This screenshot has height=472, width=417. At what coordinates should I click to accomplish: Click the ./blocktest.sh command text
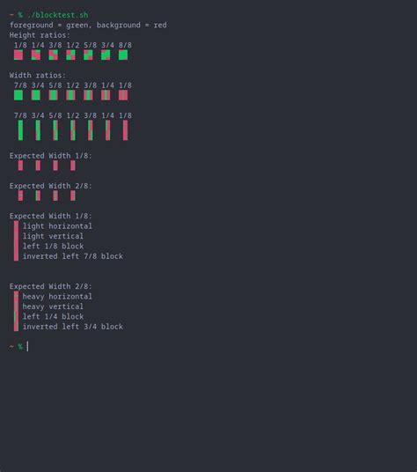(x=58, y=15)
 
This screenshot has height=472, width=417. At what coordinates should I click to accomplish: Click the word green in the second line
(x=77, y=26)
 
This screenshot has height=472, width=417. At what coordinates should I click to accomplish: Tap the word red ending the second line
(x=160, y=25)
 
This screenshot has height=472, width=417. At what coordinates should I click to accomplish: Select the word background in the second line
(x=119, y=26)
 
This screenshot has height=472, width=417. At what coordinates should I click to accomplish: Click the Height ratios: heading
(x=40, y=35)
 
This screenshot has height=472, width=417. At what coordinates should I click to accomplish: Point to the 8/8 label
(x=125, y=45)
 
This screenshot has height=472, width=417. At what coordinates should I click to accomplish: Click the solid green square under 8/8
(x=123, y=55)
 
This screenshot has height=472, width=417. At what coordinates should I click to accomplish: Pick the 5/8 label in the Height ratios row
(x=91, y=45)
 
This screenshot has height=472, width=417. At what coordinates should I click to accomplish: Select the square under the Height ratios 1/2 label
(x=70, y=55)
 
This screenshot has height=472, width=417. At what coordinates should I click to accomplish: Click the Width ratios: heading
(x=38, y=75)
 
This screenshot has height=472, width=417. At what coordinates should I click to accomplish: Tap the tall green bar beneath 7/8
(x=20, y=130)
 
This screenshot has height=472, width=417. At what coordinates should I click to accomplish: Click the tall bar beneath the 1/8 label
(x=125, y=130)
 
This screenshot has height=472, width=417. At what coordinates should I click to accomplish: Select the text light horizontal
(x=57, y=226)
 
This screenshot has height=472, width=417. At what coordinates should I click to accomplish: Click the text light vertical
(x=53, y=236)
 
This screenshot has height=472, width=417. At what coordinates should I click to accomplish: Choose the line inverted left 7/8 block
(x=73, y=256)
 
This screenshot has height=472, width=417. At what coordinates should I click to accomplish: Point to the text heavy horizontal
(x=57, y=297)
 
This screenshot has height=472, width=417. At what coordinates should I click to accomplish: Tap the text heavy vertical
(x=53, y=306)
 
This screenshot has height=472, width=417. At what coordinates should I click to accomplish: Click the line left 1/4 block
(x=53, y=317)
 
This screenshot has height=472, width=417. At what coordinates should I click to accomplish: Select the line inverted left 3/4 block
(x=73, y=327)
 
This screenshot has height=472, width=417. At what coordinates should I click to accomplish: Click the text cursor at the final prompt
(x=27, y=346)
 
